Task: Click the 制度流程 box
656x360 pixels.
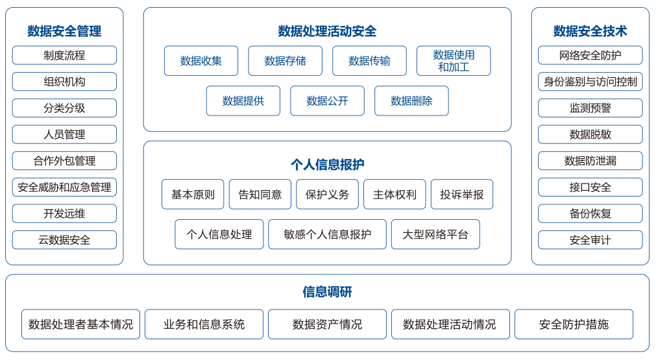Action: coord(64,55)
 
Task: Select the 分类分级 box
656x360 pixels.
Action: coord(64,108)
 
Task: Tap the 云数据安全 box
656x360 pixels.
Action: coord(64,240)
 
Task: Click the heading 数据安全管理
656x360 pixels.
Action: coord(64,31)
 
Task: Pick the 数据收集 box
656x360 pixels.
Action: coord(201,60)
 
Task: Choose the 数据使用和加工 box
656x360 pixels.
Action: coord(454,60)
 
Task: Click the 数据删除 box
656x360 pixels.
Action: coord(411,101)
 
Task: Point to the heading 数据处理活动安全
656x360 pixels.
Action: coord(327,31)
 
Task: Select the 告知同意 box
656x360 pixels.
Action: coord(260,195)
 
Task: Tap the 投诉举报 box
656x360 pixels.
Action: coord(462,195)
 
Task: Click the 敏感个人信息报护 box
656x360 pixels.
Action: coord(327,234)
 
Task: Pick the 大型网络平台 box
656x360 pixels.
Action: coord(435,234)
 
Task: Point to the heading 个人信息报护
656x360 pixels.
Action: coord(327,164)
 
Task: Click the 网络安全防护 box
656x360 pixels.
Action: coord(590,55)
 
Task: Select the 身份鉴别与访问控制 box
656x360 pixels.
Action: coord(590,82)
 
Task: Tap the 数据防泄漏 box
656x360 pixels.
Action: coord(590,161)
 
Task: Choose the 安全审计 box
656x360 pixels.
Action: coord(590,240)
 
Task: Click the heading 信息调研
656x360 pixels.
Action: coord(327,292)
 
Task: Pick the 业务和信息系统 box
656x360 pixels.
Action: coord(204,324)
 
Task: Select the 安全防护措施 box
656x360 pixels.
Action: coord(574,324)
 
